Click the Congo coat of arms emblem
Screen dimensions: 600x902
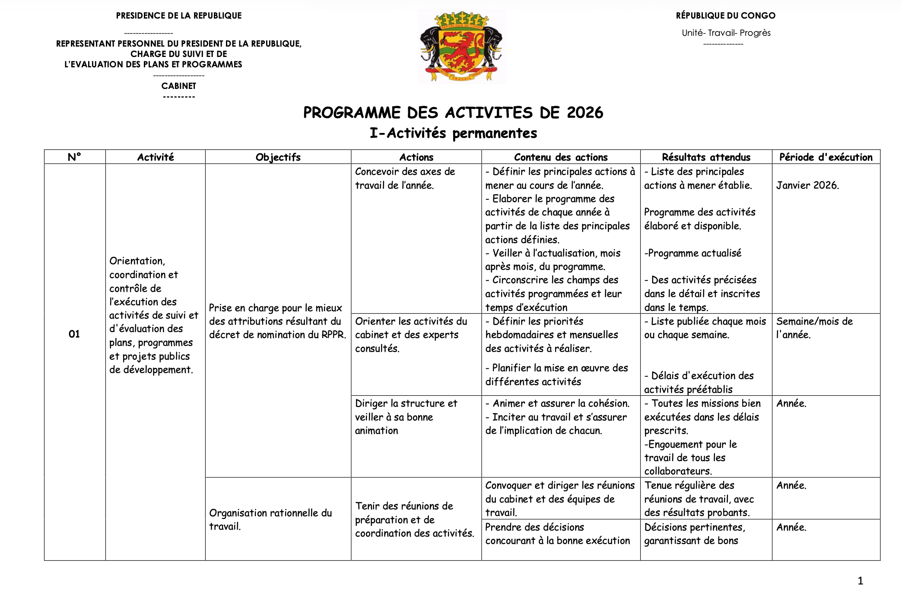[x=461, y=47]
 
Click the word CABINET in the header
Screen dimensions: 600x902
[x=178, y=86]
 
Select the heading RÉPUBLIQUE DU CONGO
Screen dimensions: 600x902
[x=725, y=16]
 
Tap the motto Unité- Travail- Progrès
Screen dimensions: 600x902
[x=726, y=33]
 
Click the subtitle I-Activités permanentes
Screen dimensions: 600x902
[x=453, y=133]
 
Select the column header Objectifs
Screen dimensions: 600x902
[x=278, y=157]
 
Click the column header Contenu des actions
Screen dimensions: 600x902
[x=560, y=157]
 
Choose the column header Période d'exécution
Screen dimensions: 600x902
[x=826, y=157]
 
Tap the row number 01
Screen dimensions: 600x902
[x=74, y=334]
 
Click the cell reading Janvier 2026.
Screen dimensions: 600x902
[x=807, y=185]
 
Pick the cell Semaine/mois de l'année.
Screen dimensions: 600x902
[x=814, y=328]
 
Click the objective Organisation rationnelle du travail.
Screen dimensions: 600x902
[x=270, y=519]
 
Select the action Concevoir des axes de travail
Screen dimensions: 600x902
[x=404, y=178]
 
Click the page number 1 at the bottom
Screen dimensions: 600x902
[x=860, y=581]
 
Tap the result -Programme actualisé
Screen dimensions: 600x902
[x=692, y=253]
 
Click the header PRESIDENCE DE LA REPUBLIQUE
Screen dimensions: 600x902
[x=178, y=16]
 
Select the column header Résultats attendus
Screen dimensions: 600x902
[x=706, y=157]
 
